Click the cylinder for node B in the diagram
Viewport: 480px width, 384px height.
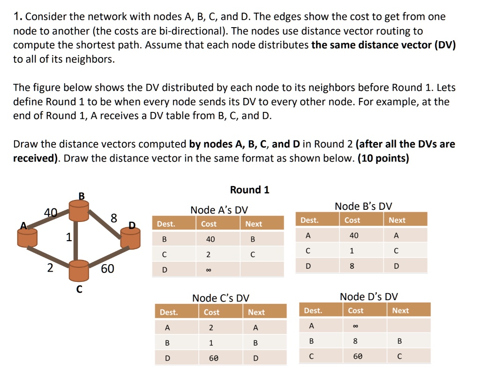[79, 211]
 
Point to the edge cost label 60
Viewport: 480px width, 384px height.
[107, 269]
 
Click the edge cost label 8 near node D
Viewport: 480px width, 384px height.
[113, 217]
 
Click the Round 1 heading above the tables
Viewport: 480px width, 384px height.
[249, 190]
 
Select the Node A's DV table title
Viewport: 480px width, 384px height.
[219, 210]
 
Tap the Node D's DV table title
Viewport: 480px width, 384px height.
[368, 296]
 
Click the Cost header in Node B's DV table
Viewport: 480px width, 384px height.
[352, 220]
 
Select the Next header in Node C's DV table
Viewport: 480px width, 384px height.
[256, 312]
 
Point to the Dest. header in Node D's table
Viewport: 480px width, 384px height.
[313, 310]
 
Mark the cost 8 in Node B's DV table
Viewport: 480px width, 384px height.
[352, 266]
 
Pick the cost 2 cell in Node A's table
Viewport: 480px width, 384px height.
[209, 255]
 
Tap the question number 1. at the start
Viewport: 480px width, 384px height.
[17, 17]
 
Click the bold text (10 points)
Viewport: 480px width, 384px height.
[383, 158]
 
